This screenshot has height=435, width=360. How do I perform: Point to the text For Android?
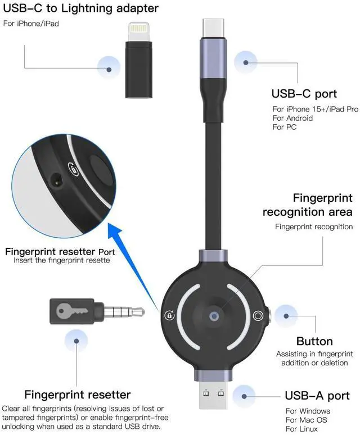292,118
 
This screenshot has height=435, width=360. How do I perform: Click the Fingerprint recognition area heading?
308,205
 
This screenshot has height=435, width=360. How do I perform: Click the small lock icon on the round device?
169,315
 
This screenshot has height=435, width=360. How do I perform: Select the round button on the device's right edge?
259,316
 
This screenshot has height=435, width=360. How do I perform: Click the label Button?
314,341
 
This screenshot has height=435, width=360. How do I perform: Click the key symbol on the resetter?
71,309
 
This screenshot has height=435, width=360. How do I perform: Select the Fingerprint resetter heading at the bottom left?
78,395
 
